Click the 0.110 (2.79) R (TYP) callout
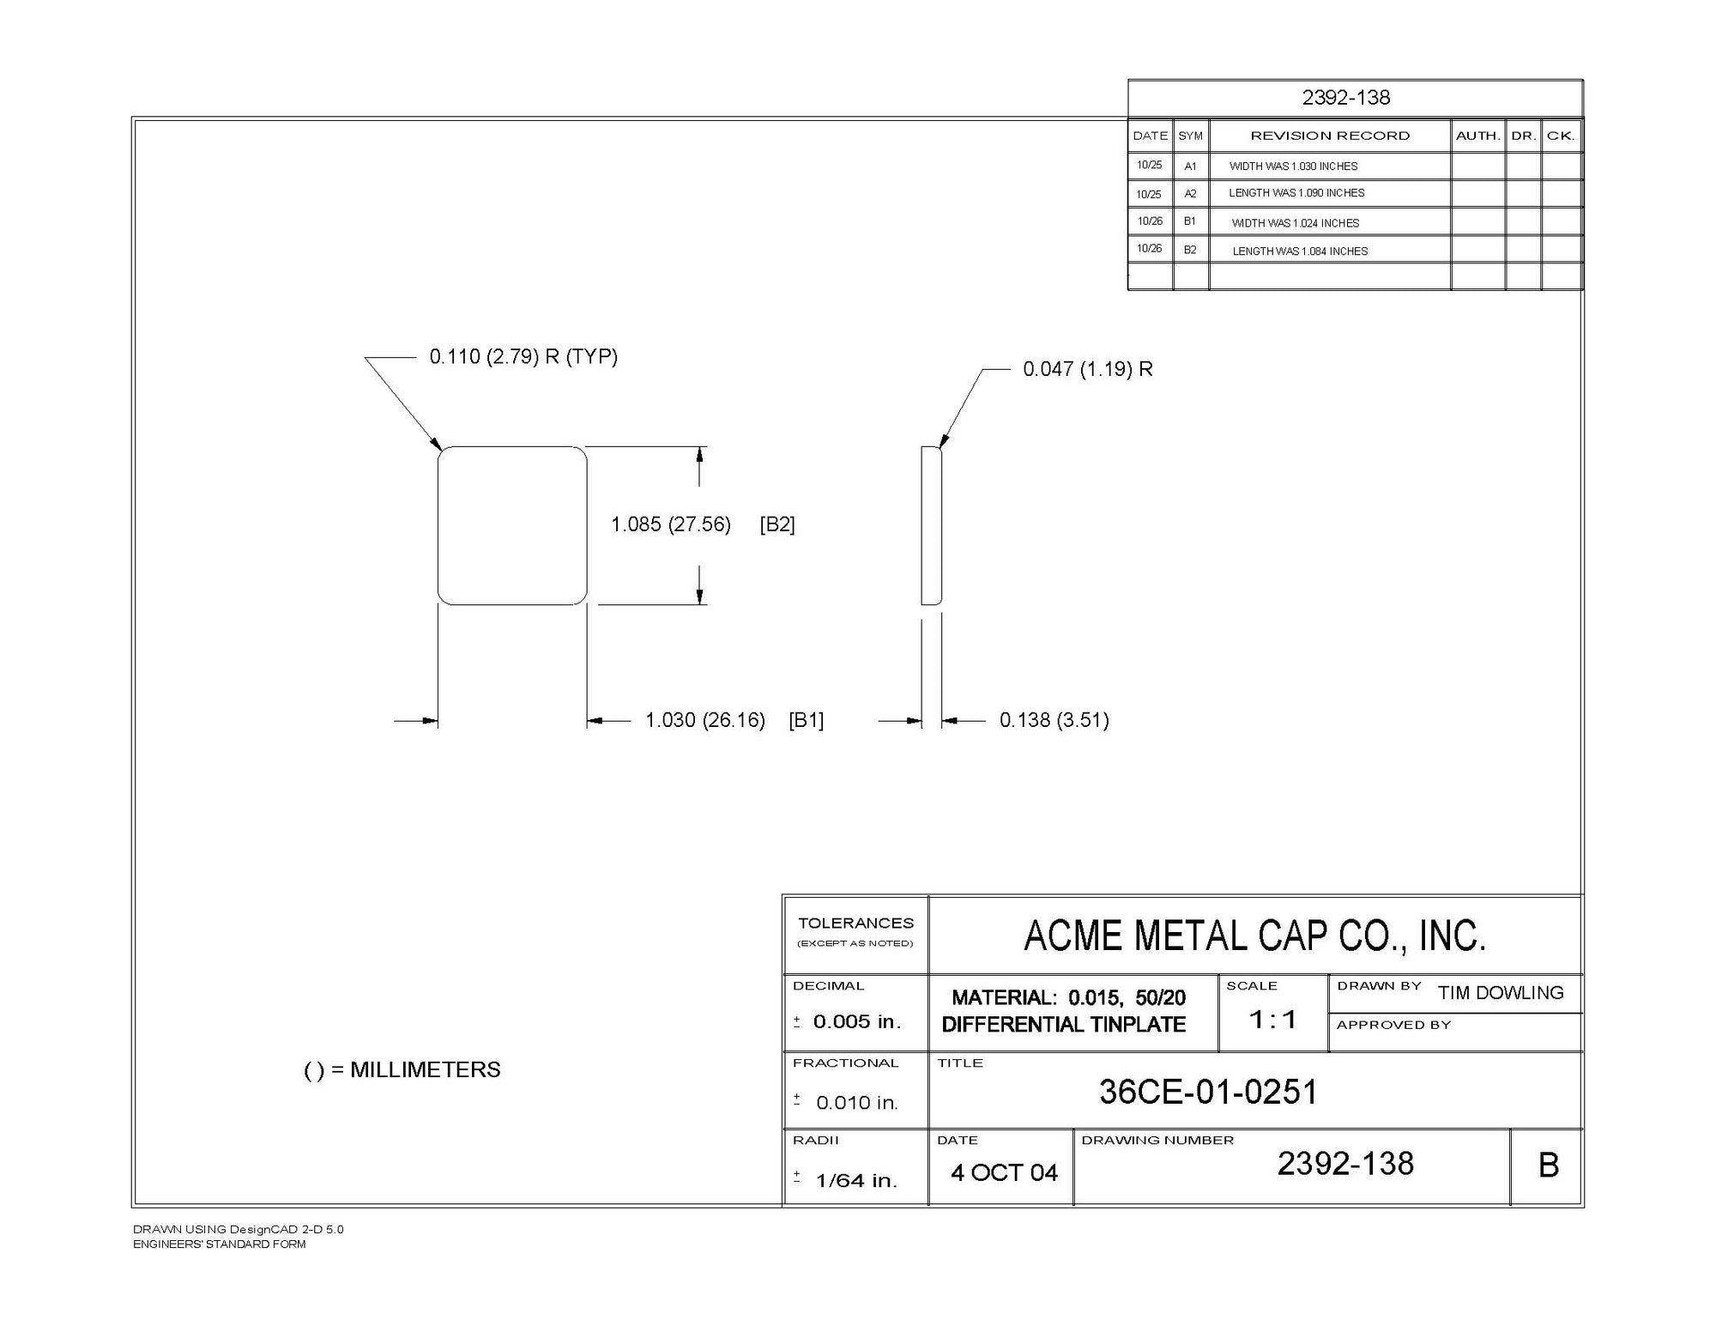[523, 357]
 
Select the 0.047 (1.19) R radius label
[1088, 369]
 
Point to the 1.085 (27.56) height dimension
[670, 524]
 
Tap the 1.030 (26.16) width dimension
[704, 720]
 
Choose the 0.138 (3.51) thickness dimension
[1054, 720]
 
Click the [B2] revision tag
[777, 524]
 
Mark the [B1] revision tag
[806, 720]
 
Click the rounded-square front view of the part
[512, 525]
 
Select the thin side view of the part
[931, 525]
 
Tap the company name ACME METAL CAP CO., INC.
[1254, 935]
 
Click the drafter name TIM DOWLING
[1501, 993]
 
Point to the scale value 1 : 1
[1272, 1020]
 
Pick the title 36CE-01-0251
[1208, 1092]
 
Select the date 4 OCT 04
[1004, 1173]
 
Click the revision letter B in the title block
[1549, 1166]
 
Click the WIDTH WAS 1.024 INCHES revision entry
[1296, 223]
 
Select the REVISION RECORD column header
[1330, 136]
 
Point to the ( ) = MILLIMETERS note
[402, 1070]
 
